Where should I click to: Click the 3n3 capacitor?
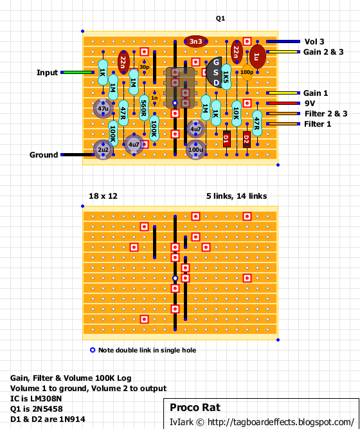click(196, 41)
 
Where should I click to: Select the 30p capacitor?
click(144, 67)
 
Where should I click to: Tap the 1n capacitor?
click(154, 98)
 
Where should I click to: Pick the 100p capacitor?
click(247, 73)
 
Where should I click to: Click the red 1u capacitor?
click(257, 57)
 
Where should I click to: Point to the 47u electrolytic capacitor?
click(103, 108)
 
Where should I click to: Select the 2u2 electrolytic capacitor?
click(103, 150)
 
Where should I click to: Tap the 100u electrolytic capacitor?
click(196, 150)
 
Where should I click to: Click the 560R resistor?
click(144, 108)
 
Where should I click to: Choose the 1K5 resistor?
click(226, 77)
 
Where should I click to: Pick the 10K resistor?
click(237, 114)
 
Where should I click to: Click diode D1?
click(226, 139)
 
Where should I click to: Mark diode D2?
click(247, 140)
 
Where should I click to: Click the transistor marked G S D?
click(214, 73)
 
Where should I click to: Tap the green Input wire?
click(77, 72)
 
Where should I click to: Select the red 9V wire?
click(283, 103)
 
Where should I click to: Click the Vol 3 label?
click(314, 42)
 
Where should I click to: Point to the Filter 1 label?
click(318, 124)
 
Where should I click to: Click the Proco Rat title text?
click(195, 407)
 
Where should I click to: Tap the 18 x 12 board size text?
click(103, 196)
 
